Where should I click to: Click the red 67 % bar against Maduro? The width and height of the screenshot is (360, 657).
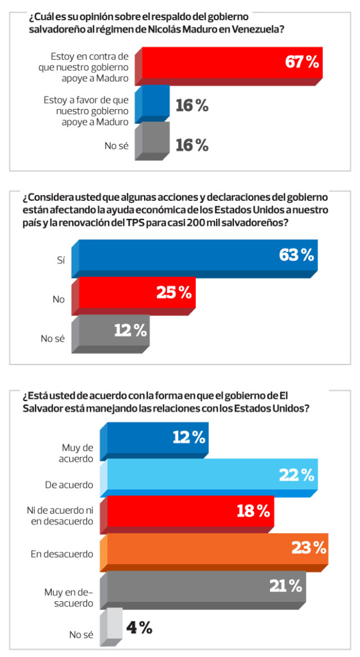[229, 66]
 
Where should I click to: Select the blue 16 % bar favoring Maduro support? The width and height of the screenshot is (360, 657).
[152, 104]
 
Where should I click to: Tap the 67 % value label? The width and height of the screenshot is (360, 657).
[302, 62]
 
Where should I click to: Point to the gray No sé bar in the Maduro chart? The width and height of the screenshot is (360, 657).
[152, 141]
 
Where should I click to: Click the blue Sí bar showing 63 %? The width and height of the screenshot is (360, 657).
[195, 258]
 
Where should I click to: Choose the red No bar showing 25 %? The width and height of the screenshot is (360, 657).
[134, 296]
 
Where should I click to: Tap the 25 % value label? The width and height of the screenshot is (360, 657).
[174, 292]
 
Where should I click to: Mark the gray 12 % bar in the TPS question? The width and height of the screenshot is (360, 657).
[111, 334]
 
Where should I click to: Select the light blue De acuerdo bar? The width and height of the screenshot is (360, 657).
[208, 478]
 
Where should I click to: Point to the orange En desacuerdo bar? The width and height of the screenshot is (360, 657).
[214, 553]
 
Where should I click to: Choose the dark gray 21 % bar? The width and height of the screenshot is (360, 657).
[203, 590]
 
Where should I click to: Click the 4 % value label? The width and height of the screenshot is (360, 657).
[139, 627]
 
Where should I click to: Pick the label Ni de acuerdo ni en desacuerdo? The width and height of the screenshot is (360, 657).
[62, 515]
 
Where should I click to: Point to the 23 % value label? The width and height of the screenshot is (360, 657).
[308, 548]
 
